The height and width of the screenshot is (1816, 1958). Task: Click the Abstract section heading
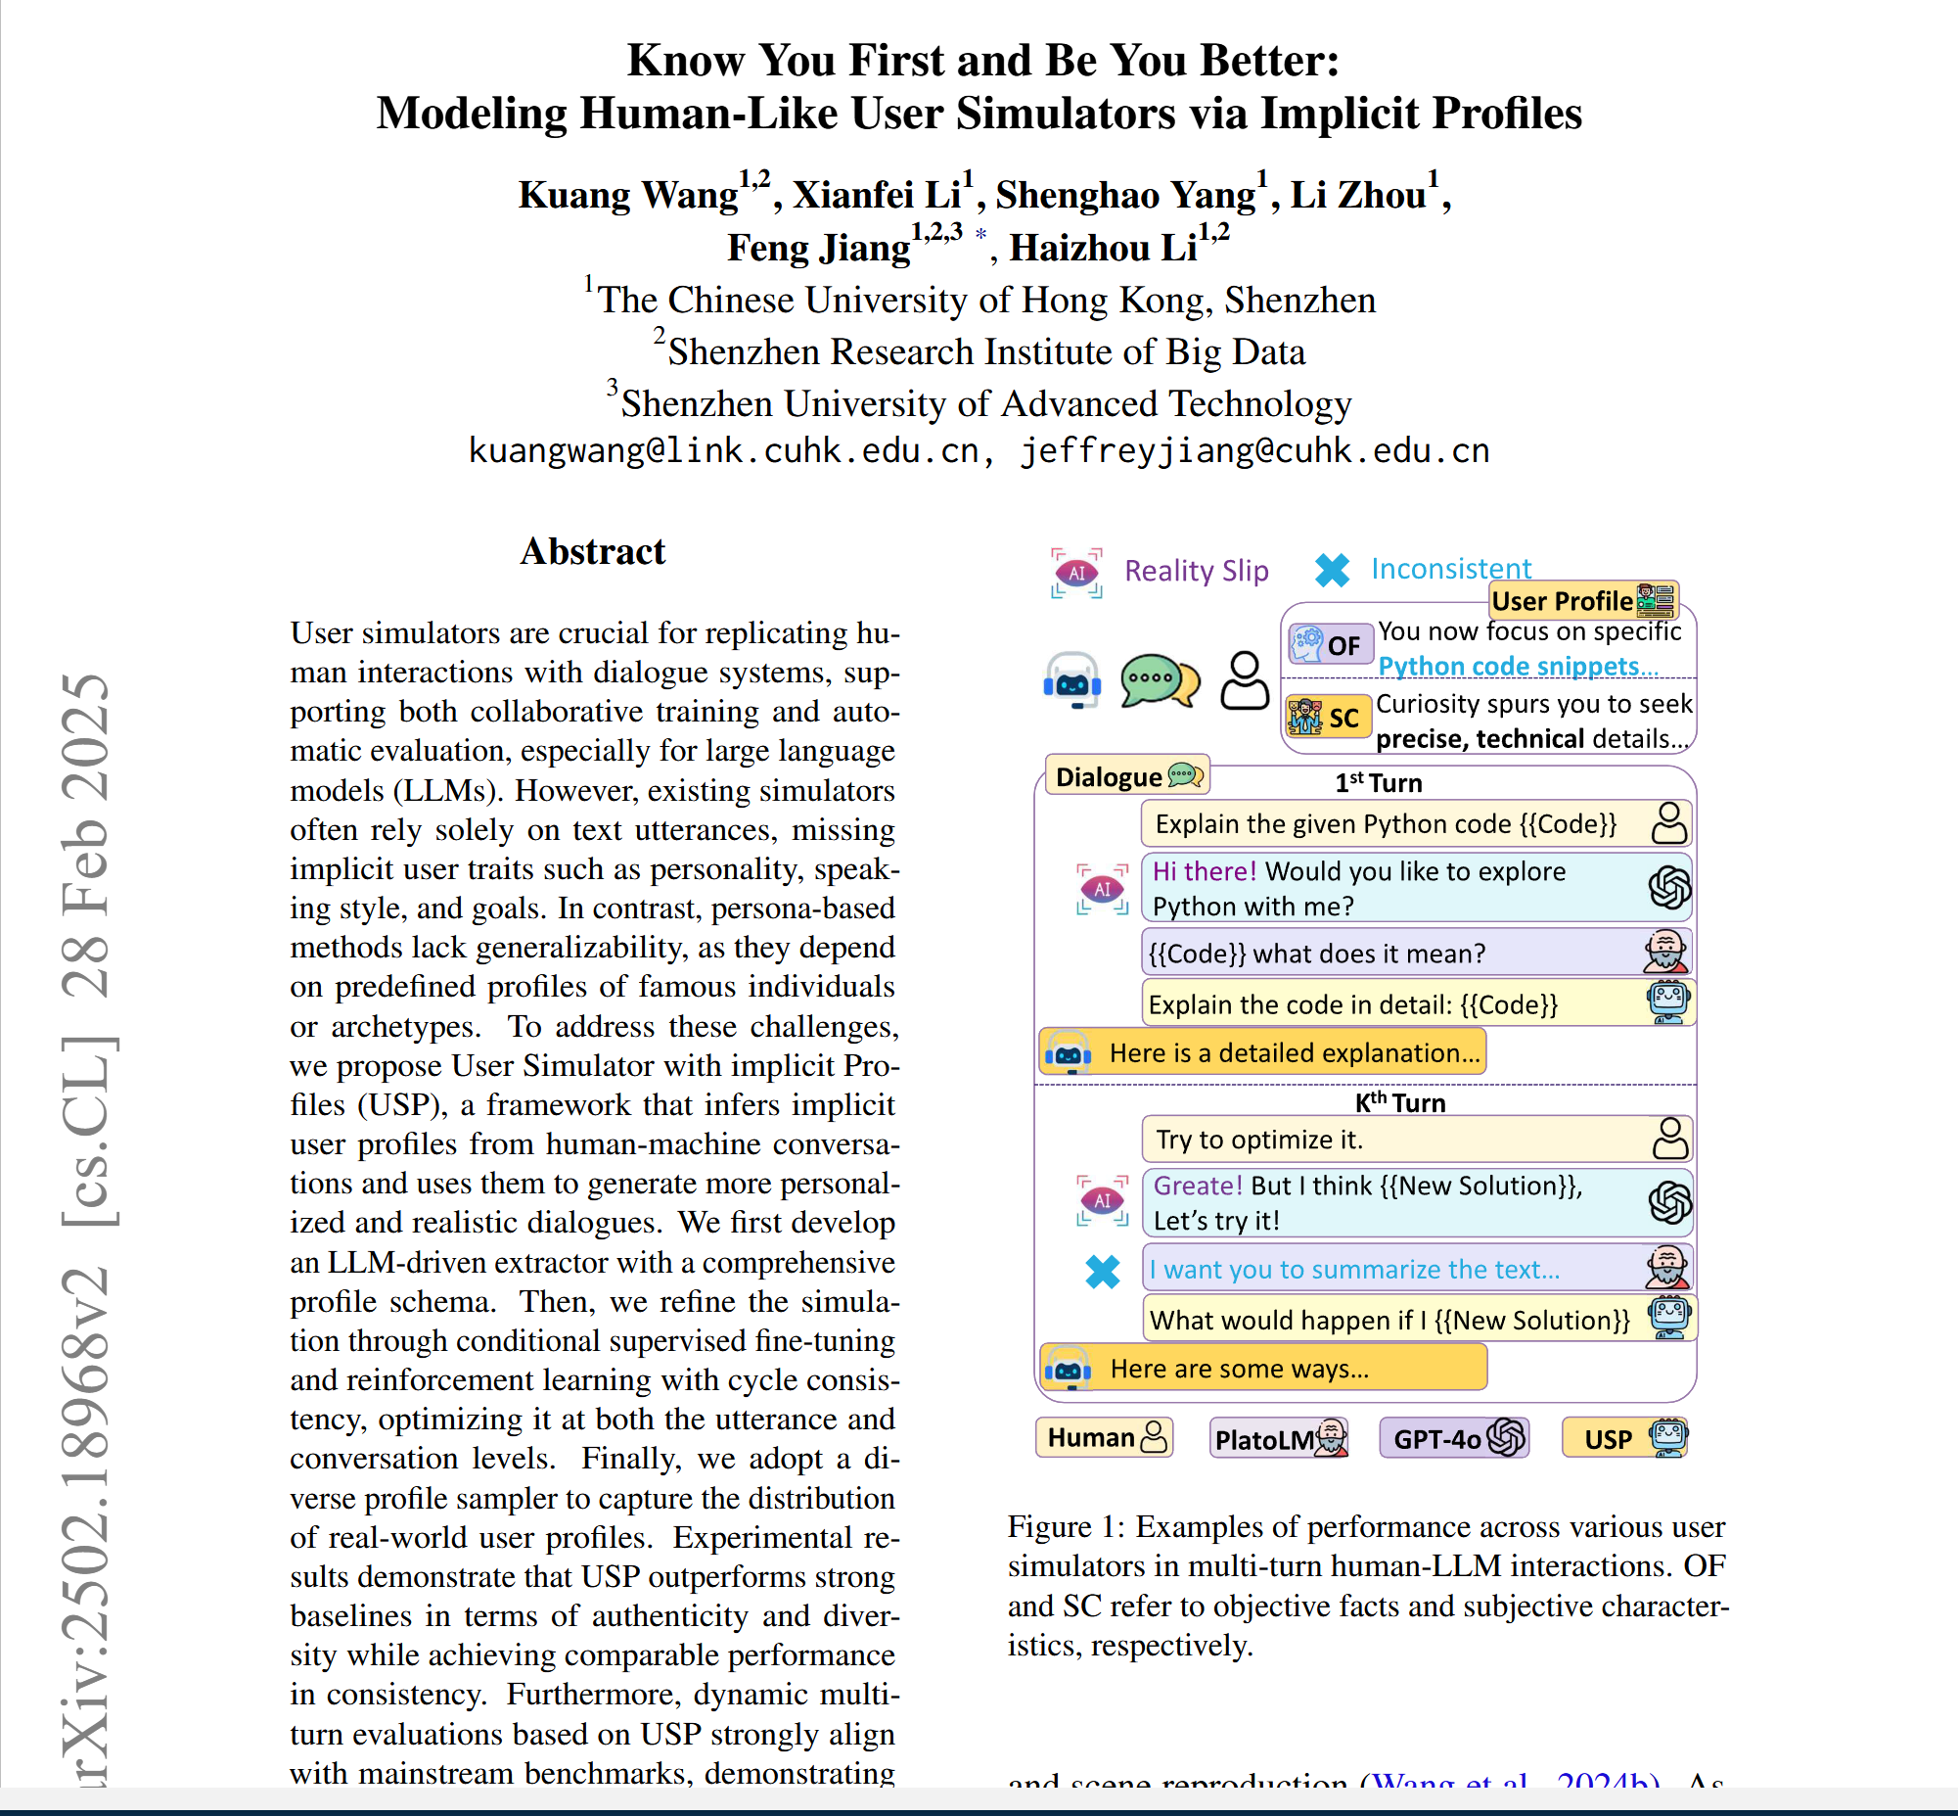pos(592,551)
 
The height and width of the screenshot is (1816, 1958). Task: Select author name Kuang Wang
pos(628,195)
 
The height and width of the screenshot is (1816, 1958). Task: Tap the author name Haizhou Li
pos(1103,248)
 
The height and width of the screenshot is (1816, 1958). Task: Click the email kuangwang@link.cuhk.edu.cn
pos(723,450)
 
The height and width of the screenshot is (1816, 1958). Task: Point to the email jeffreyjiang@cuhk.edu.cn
pos(1254,450)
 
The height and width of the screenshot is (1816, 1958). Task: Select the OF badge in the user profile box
pos(1330,644)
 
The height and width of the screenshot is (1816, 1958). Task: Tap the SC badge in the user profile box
pos(1328,718)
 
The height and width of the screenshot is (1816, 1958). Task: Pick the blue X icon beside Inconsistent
pos(1332,570)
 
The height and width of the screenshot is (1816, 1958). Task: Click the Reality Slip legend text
pos(1196,571)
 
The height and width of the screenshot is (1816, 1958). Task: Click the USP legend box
pos(1625,1439)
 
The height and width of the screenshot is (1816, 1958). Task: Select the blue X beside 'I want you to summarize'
pos(1103,1272)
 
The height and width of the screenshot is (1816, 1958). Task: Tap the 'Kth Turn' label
pos(1400,1102)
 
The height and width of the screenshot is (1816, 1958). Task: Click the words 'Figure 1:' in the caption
pos(1066,1526)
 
